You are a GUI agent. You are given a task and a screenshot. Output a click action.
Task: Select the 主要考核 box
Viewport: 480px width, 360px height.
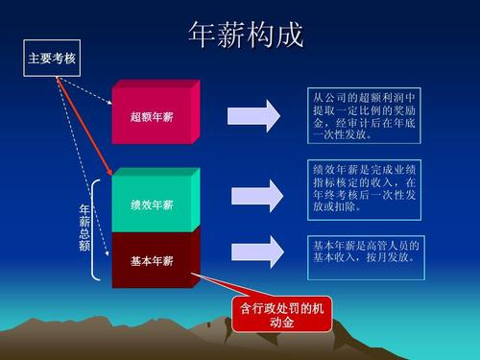pos(52,59)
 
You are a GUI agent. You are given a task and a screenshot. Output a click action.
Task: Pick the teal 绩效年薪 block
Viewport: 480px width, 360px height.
pos(153,204)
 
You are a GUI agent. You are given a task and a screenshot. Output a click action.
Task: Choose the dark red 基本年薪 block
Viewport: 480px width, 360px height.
pos(153,260)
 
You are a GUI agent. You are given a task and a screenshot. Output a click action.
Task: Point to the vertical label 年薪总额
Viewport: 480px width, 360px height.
pos(84,228)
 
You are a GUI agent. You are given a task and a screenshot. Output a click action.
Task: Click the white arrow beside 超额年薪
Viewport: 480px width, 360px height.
pos(253,116)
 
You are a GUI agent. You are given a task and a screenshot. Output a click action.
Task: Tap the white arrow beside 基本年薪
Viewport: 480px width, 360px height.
pos(253,251)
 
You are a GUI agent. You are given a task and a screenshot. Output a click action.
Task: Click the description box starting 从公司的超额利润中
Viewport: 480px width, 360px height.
pos(363,116)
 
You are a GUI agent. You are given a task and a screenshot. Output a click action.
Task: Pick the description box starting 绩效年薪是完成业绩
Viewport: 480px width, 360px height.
pos(364,188)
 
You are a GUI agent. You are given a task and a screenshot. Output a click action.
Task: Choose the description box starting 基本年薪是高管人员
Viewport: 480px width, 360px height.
pos(364,251)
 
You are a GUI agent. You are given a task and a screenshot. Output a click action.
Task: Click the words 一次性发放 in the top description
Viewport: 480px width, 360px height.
pos(341,135)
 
